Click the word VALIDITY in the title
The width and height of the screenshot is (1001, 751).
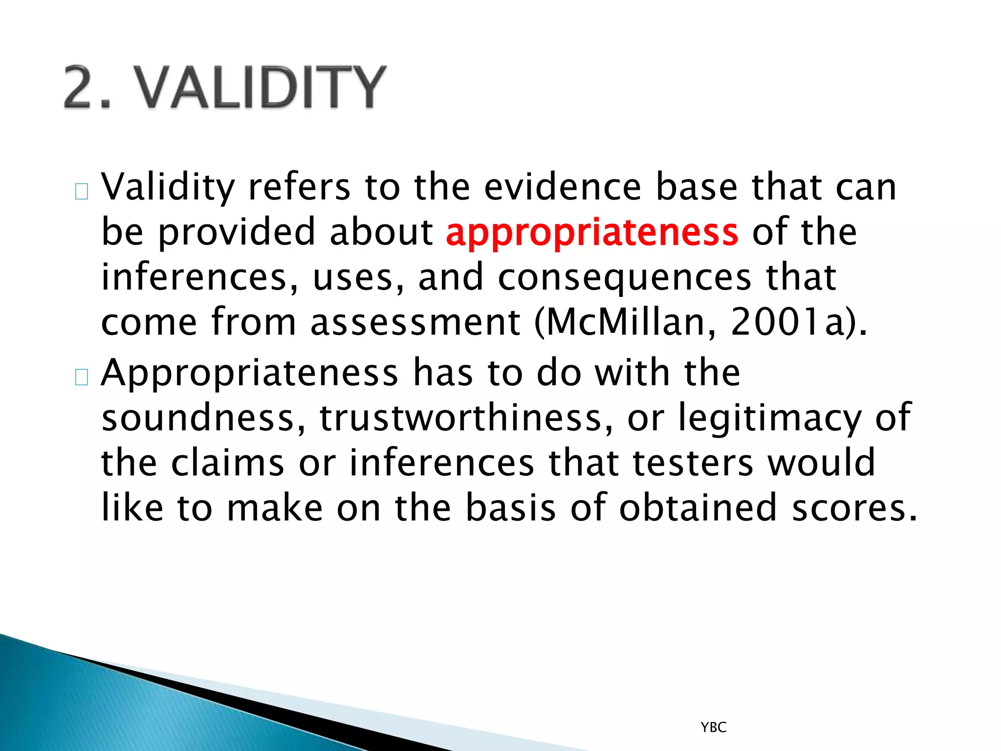point(261,88)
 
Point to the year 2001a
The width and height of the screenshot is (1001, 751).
point(787,323)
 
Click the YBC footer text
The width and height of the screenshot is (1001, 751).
point(714,728)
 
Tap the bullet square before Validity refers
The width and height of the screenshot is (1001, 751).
point(82,192)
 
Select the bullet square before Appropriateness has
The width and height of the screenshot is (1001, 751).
point(82,377)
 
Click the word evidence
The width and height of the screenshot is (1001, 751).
point(563,187)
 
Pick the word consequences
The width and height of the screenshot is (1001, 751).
point(624,278)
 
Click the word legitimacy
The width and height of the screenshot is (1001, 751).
point(769,419)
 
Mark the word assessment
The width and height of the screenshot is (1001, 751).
point(415,323)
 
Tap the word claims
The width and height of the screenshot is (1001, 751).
point(227,463)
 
